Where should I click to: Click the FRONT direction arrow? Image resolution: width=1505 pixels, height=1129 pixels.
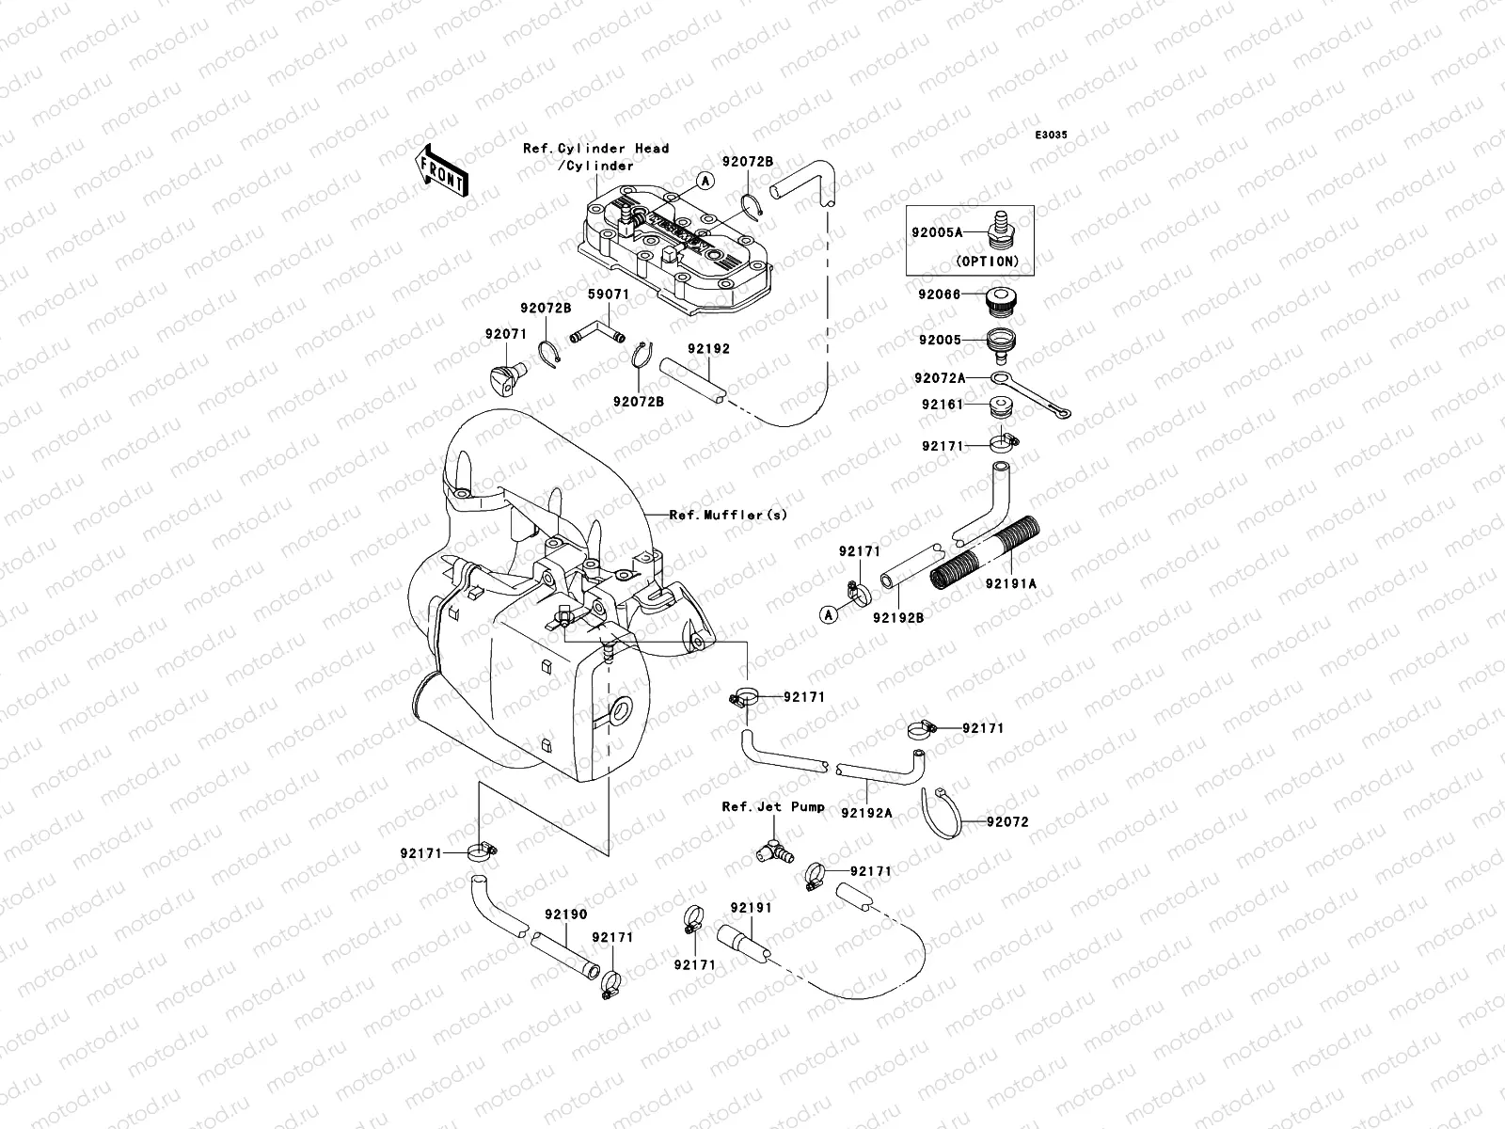pos(443,169)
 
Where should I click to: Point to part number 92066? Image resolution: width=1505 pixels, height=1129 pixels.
pos(940,294)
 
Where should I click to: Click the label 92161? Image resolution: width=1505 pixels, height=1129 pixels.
pos(943,405)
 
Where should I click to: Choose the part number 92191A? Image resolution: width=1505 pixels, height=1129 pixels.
pos(1011,583)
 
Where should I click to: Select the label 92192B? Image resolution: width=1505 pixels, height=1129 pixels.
pos(897,617)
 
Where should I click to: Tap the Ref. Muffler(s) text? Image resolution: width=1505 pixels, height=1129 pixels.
pos(728,515)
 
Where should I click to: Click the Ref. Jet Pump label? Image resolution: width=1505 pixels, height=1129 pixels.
pos(773,806)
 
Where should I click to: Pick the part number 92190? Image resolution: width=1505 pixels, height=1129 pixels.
pos(565,914)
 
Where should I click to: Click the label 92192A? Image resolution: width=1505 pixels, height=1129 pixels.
pos(866,813)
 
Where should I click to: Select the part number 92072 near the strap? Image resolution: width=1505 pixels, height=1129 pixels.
pos(1007,821)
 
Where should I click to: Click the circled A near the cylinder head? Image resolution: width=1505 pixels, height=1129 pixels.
pos(704,179)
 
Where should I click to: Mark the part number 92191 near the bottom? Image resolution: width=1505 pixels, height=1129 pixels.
pos(751,908)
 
